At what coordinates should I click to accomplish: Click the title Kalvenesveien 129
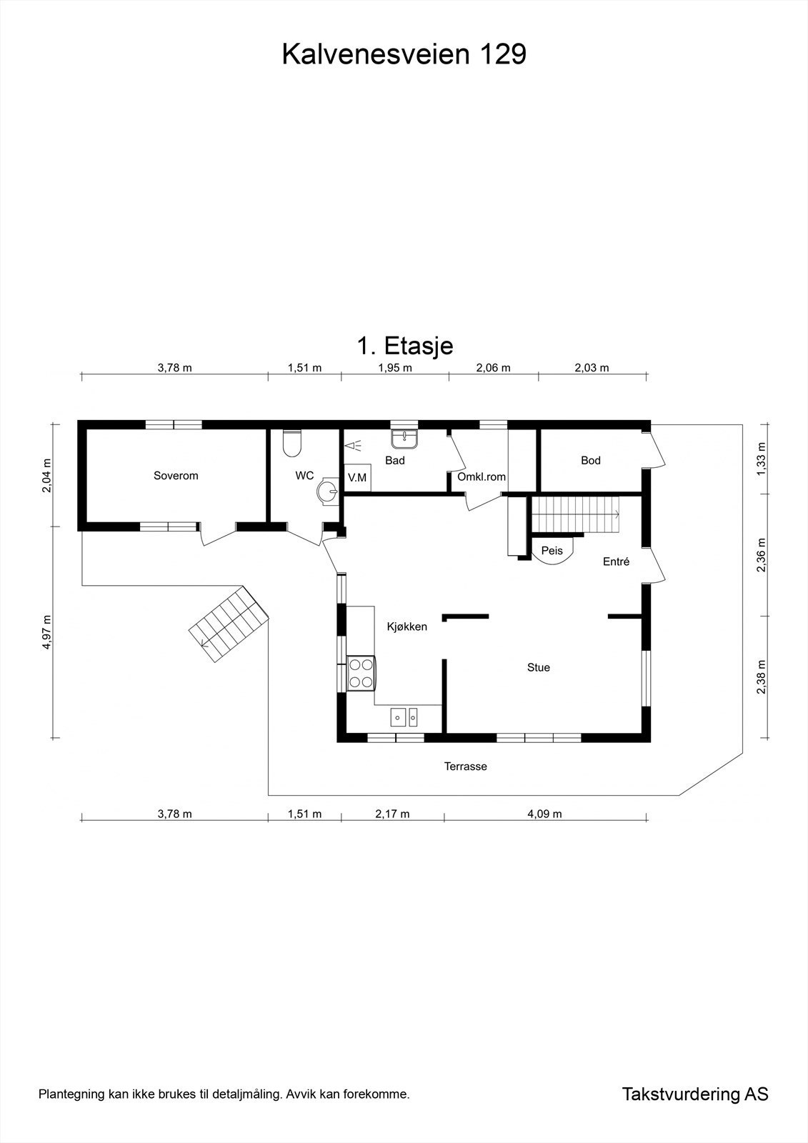point(404,54)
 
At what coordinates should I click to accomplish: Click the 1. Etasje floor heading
point(404,346)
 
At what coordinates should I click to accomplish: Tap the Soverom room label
point(176,476)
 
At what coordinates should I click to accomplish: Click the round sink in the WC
point(327,491)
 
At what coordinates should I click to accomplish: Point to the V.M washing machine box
point(357,478)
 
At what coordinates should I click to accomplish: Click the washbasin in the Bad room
point(405,436)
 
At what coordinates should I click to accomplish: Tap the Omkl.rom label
point(482,476)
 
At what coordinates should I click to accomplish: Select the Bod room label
point(590,461)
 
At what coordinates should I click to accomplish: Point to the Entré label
point(616,562)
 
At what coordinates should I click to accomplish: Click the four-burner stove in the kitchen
point(361,673)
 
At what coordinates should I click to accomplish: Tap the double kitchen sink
point(404,715)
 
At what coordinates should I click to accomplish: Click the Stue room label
point(538,668)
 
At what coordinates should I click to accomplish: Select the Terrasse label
point(465,767)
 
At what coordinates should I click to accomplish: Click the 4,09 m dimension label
point(544,814)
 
